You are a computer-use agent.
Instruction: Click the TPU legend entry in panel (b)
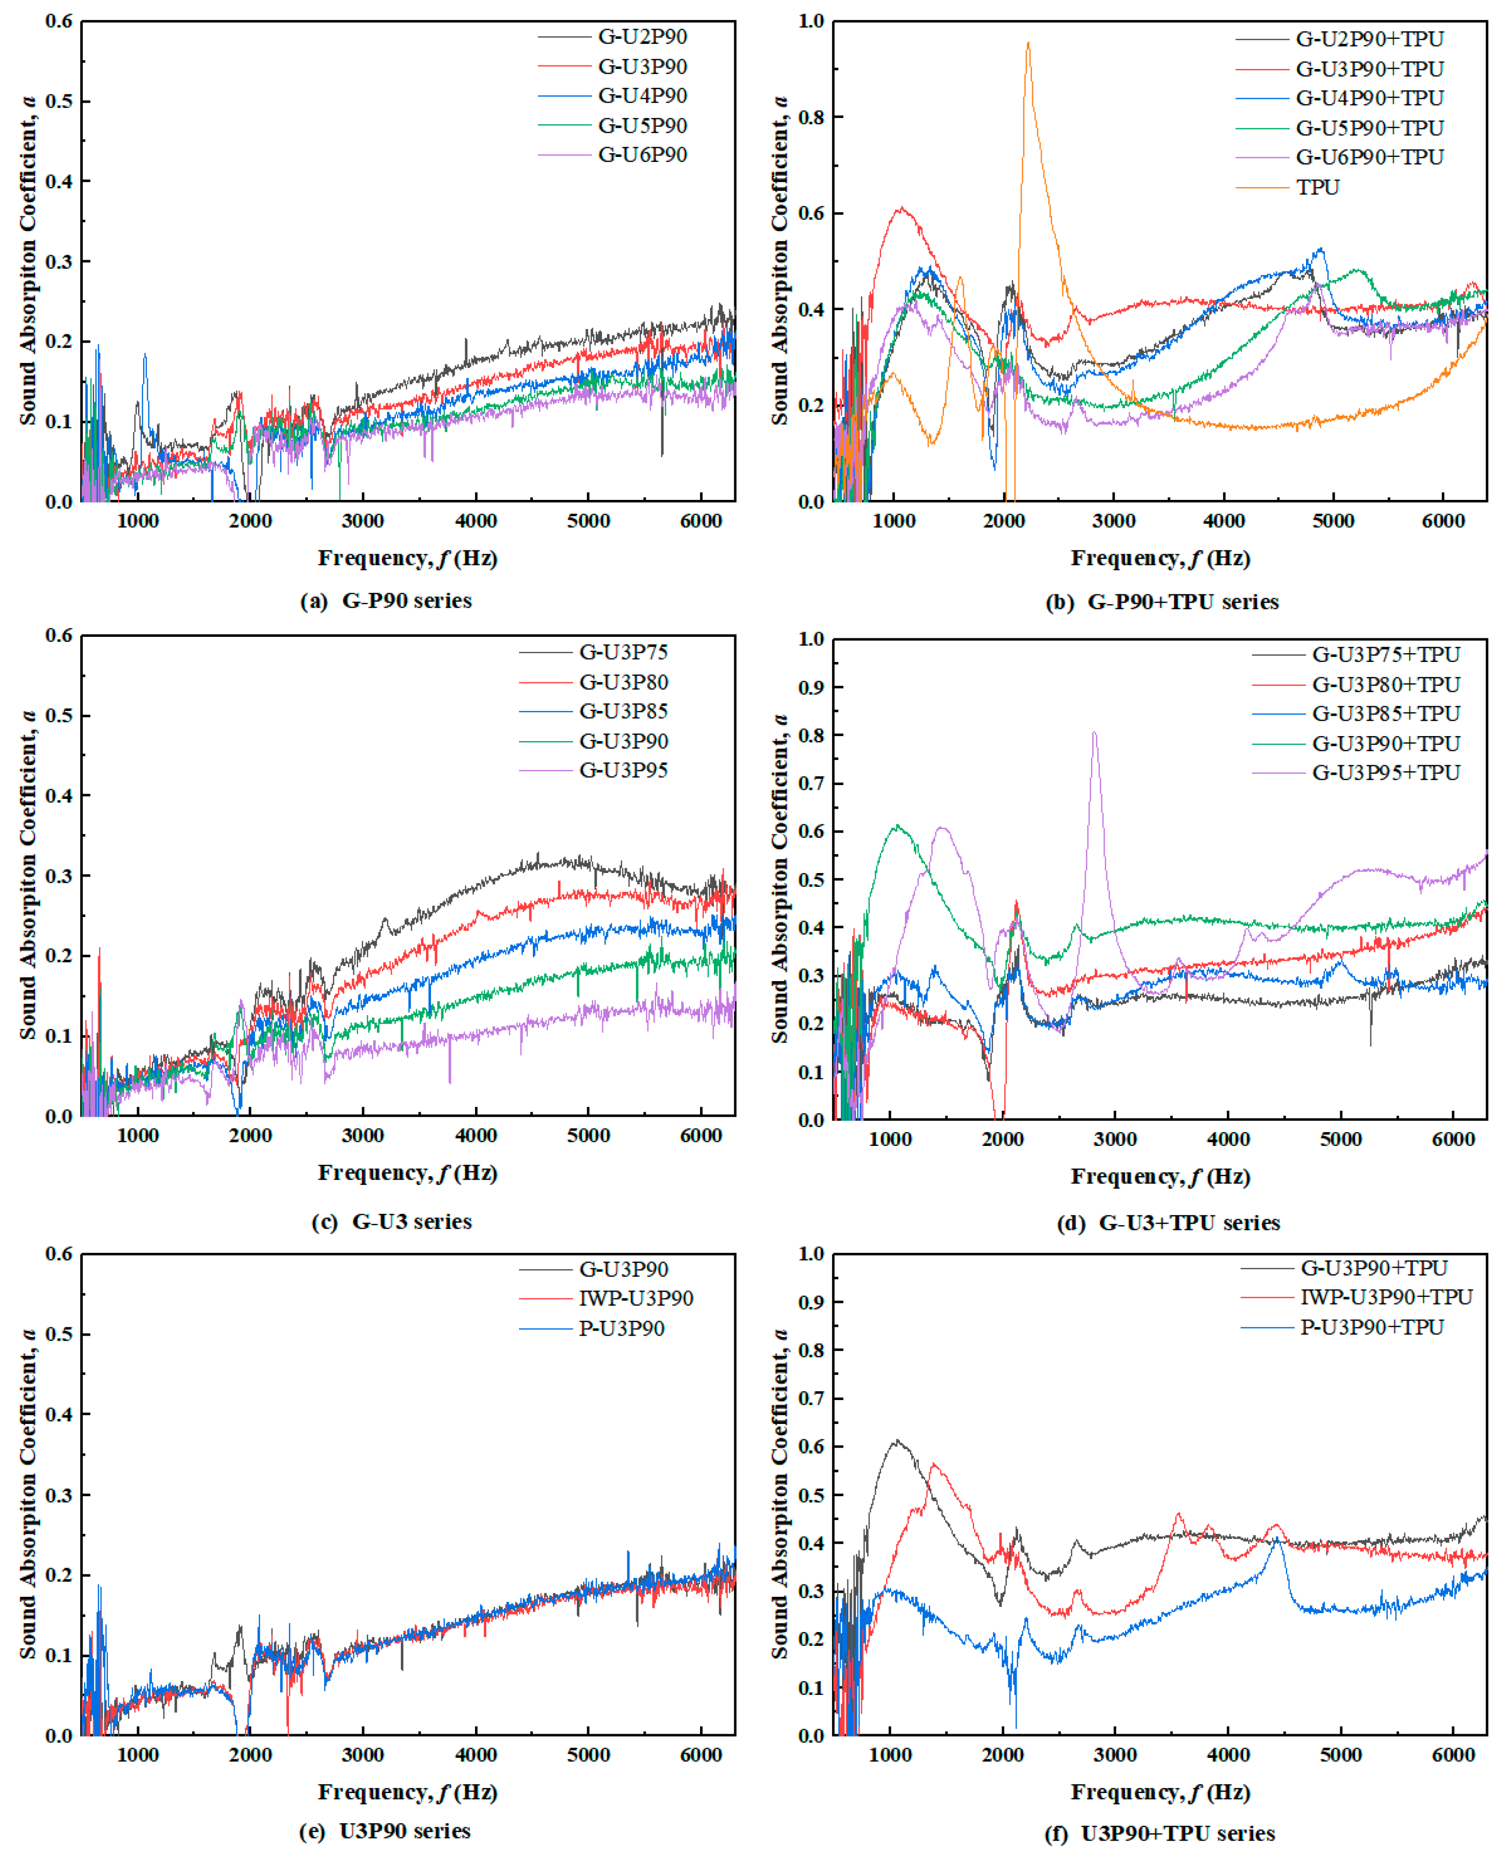[x=1317, y=187]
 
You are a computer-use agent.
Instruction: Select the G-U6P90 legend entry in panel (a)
[x=642, y=155]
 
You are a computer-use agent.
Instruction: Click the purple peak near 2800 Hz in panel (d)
[x=1094, y=733]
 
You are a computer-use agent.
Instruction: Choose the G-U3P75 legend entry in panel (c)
[x=623, y=652]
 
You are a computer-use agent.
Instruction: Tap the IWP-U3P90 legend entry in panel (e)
[x=636, y=1298]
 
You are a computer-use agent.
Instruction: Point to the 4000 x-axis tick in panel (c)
[x=476, y=1135]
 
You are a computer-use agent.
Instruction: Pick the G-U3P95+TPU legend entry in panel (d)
[x=1386, y=772]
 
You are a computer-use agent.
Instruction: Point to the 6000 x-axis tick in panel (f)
[x=1453, y=1755]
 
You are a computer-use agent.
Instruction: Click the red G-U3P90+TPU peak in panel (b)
[x=902, y=208]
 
